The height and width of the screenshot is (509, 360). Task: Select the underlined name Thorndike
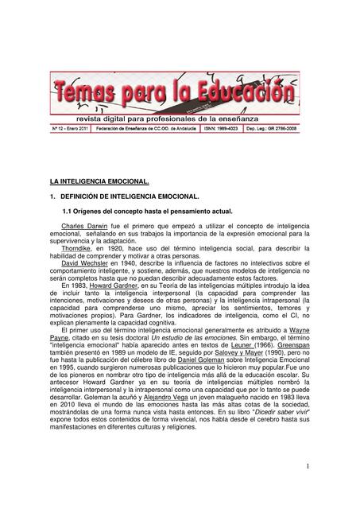[x=76, y=249]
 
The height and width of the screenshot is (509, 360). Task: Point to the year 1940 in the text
[x=126, y=264]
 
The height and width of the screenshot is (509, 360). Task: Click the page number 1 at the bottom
[x=307, y=465]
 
